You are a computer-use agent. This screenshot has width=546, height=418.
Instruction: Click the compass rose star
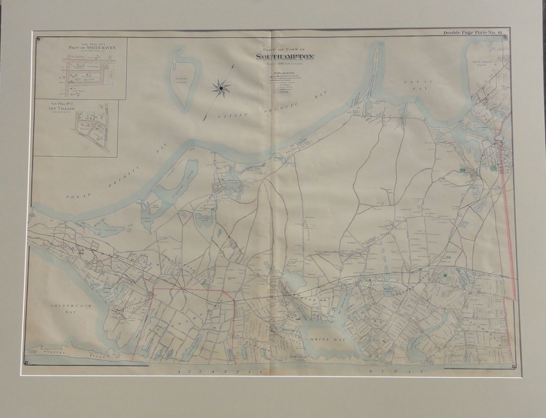pos(220,88)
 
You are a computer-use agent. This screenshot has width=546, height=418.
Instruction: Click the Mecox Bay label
pos(319,339)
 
